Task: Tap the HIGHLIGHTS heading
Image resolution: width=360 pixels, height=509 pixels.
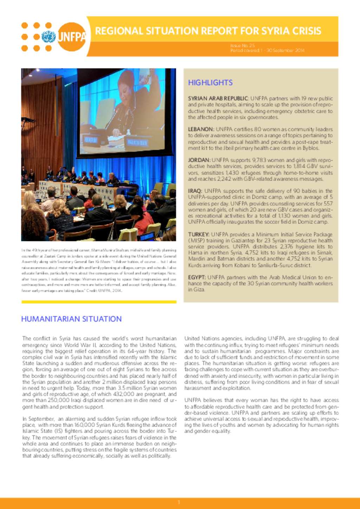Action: coord(210,83)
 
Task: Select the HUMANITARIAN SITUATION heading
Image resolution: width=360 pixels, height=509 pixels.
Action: coord(71,319)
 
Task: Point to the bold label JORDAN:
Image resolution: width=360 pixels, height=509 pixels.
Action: coord(199,160)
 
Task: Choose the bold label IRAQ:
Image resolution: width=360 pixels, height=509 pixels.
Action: coord(195,191)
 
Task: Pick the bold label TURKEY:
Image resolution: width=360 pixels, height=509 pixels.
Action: coord(199,234)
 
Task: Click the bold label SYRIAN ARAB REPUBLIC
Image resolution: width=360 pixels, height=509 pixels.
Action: coord(218,99)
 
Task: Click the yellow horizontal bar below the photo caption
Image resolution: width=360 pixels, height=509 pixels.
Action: coord(99,302)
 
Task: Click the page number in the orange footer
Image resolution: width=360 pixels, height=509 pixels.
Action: coord(179,503)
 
